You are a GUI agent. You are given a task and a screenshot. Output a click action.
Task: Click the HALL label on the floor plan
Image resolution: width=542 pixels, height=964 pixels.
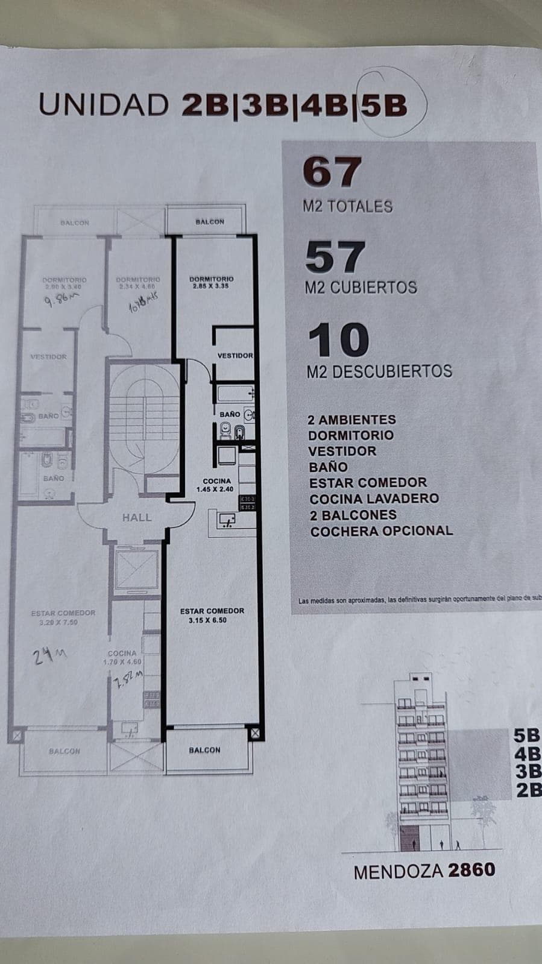(x=137, y=517)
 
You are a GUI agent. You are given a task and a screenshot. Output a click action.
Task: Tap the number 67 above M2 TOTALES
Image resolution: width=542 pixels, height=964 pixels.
(x=332, y=172)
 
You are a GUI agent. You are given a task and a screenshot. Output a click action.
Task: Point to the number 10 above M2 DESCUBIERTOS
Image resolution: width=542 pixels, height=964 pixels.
(x=338, y=341)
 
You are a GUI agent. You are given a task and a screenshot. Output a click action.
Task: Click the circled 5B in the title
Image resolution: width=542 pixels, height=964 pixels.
(x=384, y=106)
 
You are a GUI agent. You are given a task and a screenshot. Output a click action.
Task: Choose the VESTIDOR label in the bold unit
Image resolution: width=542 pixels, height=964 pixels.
(x=235, y=356)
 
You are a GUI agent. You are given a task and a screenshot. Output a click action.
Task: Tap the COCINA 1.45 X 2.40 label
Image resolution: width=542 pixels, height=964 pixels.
(x=215, y=485)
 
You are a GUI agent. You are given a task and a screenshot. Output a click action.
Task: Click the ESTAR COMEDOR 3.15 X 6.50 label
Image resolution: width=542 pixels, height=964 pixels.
(x=212, y=615)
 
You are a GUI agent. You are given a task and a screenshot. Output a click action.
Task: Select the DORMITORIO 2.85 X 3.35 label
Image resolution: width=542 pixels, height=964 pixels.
(x=211, y=282)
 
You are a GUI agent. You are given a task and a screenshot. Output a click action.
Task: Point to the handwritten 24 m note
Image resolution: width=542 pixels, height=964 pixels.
(x=49, y=655)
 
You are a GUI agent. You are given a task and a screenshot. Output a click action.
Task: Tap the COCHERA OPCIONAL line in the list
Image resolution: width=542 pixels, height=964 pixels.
(x=381, y=531)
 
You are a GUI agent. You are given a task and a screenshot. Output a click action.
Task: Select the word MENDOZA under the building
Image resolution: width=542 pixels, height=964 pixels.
(x=399, y=872)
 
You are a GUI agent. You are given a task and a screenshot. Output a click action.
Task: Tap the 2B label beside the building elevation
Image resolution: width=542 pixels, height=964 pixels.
(x=528, y=790)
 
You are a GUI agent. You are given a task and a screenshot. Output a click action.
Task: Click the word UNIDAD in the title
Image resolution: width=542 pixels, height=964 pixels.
(x=104, y=106)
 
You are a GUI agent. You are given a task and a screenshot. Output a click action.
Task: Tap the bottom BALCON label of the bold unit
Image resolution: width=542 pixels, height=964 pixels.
(x=204, y=750)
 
